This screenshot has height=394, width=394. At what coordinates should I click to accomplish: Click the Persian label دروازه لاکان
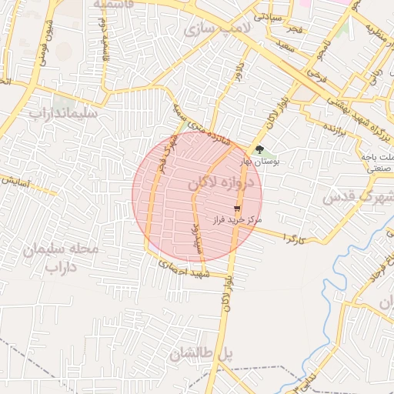[219, 183]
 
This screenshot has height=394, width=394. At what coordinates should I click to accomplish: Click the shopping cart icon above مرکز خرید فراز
[238, 208]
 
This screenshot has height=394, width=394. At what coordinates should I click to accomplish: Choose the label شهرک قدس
[357, 197]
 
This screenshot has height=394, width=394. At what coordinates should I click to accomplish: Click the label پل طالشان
[202, 353]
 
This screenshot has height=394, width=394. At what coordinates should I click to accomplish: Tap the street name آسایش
[16, 182]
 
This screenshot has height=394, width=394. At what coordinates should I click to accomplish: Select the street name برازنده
[339, 125]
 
